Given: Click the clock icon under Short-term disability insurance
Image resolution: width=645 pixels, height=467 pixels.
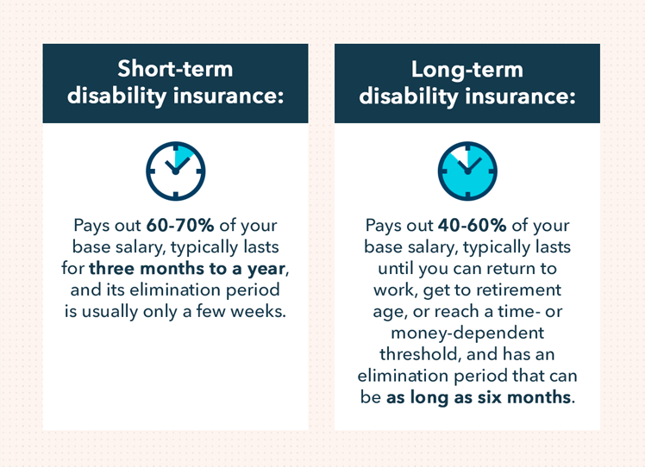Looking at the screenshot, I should coord(175,171).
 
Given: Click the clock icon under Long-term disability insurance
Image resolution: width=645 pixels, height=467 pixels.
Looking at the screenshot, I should coord(467,171).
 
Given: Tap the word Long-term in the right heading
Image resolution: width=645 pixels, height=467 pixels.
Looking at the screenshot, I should coord(467,69).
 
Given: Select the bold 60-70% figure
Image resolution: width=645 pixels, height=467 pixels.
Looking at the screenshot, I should coord(180,226).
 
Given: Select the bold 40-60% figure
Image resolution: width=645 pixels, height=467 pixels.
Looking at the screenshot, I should coord(472,226).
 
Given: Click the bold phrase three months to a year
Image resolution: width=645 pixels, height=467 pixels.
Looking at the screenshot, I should coord(186,268).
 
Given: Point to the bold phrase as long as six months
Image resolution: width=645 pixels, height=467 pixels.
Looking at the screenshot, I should coord(478,397).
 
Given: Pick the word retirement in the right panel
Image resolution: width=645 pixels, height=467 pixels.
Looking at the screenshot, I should coord(516,290).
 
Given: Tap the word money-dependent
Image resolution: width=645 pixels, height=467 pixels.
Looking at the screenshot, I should coord(467,333).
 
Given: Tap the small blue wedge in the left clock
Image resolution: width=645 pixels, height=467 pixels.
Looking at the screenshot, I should coord(181,158).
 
